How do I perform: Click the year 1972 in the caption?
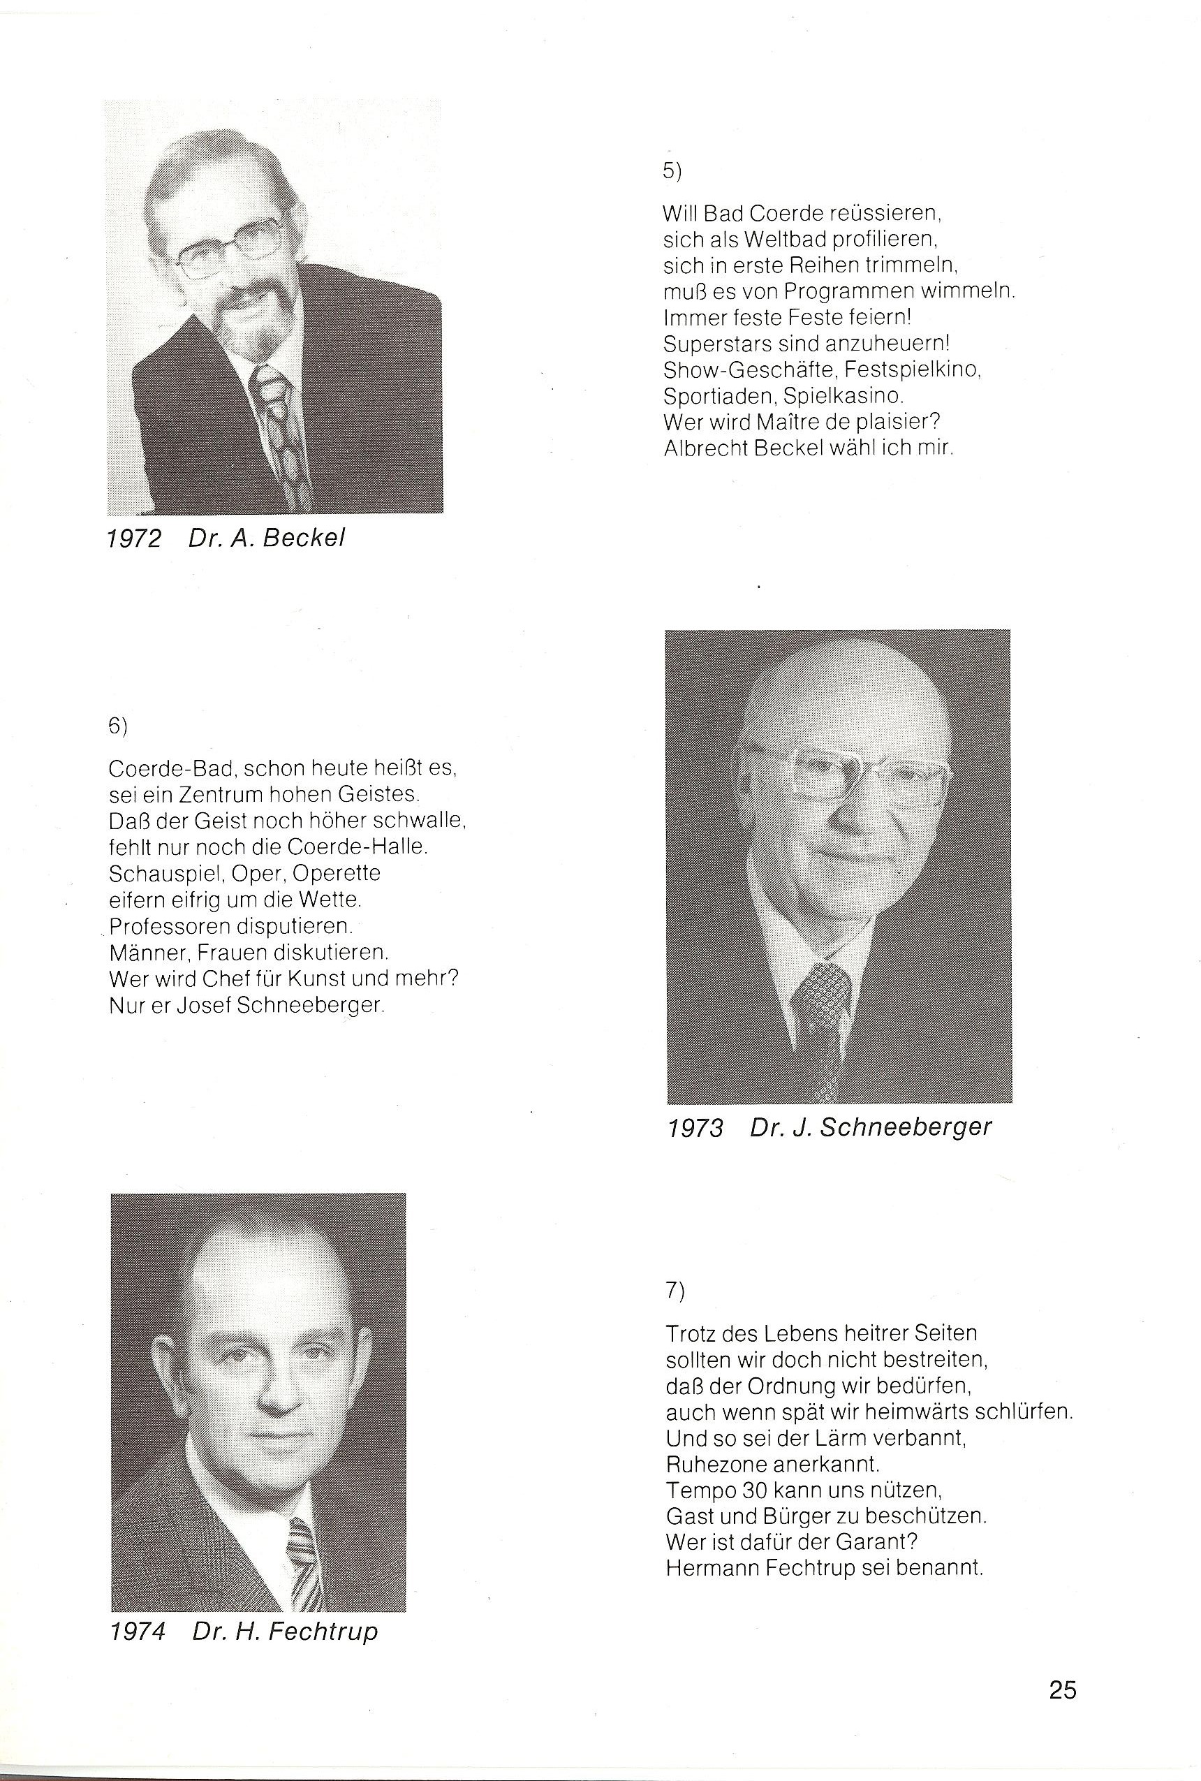coord(134,538)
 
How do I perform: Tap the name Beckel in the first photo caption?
coord(303,538)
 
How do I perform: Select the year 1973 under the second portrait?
coord(695,1127)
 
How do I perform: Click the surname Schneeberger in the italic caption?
coord(906,1127)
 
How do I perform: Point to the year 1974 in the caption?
coord(138,1632)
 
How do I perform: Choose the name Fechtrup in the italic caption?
coord(325,1631)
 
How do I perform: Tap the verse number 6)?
coord(118,726)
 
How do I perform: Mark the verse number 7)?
coord(675,1291)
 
